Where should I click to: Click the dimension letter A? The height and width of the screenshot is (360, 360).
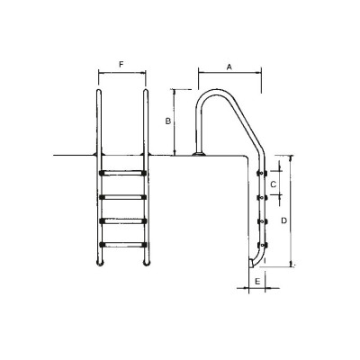pos(229,67)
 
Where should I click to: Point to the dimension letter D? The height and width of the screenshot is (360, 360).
pos(284,220)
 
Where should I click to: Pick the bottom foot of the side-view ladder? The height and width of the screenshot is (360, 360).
pos(253,263)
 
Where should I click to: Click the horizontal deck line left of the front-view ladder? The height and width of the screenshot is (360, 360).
pos(72,157)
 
